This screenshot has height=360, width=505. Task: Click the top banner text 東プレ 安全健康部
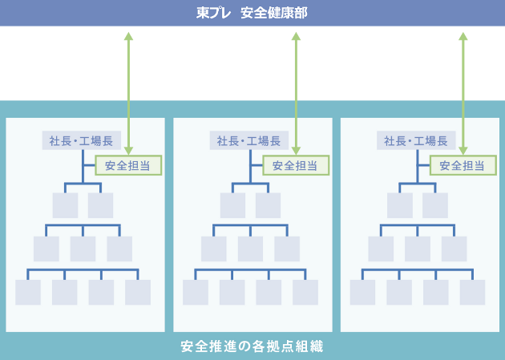252,13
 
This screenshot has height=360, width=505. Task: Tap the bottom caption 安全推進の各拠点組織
252,347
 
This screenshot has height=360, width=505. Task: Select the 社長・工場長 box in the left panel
82,141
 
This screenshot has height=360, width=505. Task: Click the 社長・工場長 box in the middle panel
249,141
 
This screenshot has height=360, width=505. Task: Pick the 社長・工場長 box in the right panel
417,141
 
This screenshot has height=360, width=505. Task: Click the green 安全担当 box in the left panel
127,165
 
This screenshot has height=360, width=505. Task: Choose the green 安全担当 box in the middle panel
295,165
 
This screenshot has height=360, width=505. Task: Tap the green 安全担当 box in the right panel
463,165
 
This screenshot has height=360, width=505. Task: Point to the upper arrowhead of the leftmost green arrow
128,35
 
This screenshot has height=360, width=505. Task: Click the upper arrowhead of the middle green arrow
296,35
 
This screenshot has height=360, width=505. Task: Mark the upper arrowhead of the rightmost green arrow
463,35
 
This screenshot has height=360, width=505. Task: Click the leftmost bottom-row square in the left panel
28,292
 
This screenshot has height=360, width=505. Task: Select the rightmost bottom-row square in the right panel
472,292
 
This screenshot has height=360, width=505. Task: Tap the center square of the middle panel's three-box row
250,249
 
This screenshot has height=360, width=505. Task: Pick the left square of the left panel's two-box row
66,205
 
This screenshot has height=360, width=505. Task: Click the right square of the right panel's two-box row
435,205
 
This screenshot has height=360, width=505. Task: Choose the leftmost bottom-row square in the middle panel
196,292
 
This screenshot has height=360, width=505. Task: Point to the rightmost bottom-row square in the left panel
138,292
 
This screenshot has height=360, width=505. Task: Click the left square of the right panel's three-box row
381,249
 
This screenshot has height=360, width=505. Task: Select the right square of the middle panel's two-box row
268,205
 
